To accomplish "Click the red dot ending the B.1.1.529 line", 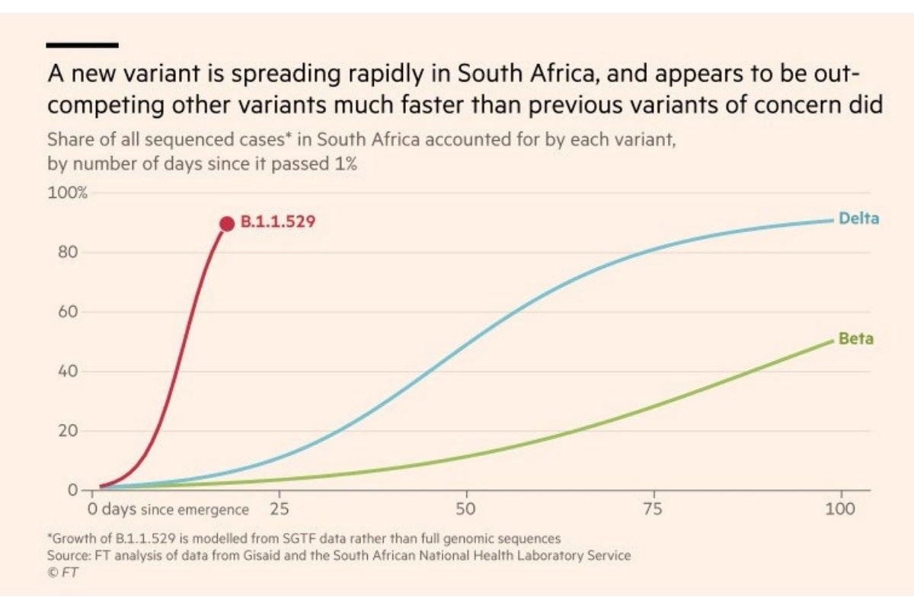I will (x=226, y=223).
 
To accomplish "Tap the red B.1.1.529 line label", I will (x=278, y=223).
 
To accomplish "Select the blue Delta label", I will (x=858, y=218).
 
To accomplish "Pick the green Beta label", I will (x=856, y=339).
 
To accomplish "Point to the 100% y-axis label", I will (x=68, y=193).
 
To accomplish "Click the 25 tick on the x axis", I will (x=280, y=509).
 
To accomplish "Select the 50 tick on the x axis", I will (x=466, y=509).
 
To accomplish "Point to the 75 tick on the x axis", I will (x=654, y=509).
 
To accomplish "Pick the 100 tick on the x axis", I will (x=840, y=509).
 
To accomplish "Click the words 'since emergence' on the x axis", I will (x=194, y=509).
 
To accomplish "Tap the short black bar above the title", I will (x=82, y=45).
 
